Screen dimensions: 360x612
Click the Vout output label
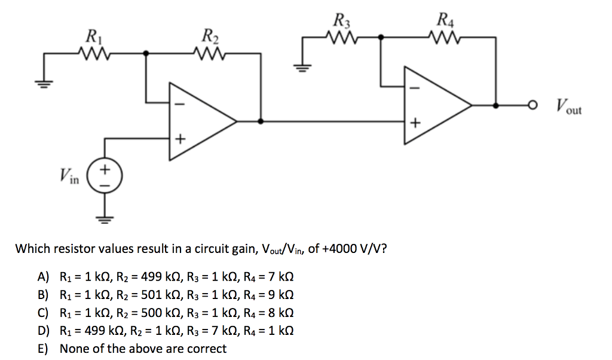tap(567, 108)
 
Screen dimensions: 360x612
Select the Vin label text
tap(70, 176)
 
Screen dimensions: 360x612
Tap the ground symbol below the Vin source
tap(105, 218)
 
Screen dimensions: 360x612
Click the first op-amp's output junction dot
tap(260, 121)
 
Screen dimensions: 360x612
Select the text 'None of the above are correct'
tap(143, 349)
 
